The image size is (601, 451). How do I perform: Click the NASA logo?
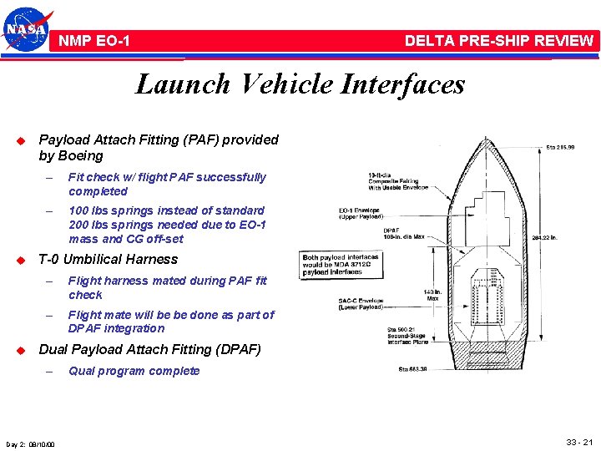coord(28,30)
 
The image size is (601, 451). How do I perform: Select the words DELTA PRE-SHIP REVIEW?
coord(498,40)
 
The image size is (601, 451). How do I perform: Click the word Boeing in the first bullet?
coord(82,156)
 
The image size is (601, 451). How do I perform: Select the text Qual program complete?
coord(134,371)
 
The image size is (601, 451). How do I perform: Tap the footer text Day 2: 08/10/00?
coord(30,443)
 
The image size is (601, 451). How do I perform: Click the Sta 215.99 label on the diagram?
coord(560,147)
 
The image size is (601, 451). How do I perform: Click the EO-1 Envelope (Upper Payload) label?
coord(359,214)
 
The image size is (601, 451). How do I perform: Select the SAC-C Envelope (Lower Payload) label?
coord(361,304)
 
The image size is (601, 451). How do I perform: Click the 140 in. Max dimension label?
coord(432,296)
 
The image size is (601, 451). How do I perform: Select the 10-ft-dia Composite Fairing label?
coord(394,181)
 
